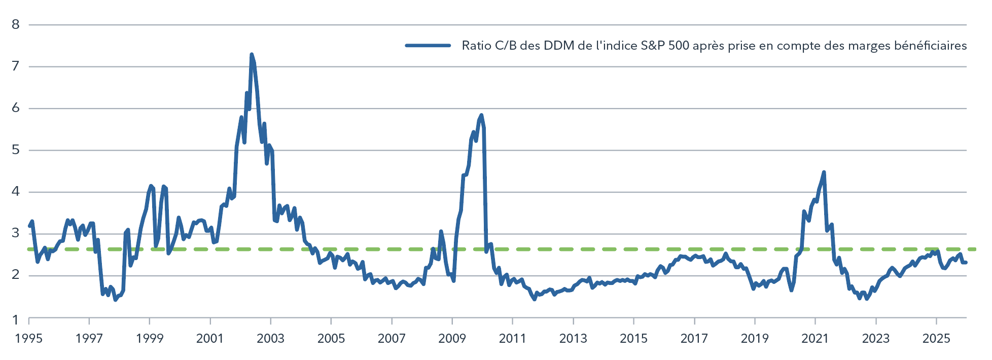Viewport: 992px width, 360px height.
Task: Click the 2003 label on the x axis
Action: (270, 339)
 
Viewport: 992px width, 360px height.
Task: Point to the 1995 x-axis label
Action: (28, 339)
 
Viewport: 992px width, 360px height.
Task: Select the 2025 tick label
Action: (936, 339)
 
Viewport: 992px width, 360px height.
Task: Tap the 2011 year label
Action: (512, 339)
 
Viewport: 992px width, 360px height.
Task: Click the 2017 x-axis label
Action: (694, 339)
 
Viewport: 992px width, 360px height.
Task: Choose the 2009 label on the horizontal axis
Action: (452, 339)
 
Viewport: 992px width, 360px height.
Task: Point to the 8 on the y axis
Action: (16, 24)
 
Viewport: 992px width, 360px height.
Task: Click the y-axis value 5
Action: (16, 150)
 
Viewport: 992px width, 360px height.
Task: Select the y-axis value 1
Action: (16, 319)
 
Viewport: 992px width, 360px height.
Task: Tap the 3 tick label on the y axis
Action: (16, 233)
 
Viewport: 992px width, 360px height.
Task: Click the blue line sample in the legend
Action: (428, 46)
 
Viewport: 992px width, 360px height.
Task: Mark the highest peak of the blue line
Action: (252, 54)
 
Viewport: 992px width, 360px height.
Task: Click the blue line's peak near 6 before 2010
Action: (481, 115)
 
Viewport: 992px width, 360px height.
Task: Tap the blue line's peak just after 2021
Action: (824, 172)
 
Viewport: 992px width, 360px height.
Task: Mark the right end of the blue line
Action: (966, 262)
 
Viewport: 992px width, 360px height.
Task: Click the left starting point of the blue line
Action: (29, 226)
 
